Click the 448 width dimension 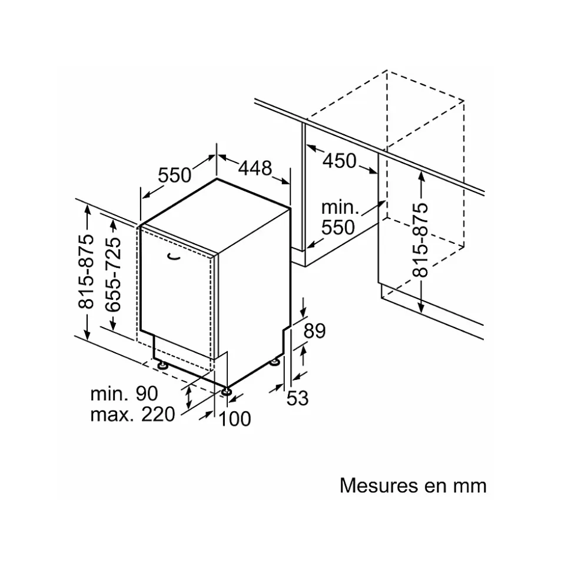click(x=255, y=168)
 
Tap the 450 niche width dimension click(x=340, y=160)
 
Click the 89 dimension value click(x=314, y=331)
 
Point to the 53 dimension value click(x=298, y=398)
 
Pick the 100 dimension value click(x=235, y=419)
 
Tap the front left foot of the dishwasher click(x=161, y=366)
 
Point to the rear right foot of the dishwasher click(x=275, y=361)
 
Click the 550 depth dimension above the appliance click(x=175, y=175)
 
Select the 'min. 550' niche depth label click(x=339, y=217)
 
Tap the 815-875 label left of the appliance click(x=87, y=272)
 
